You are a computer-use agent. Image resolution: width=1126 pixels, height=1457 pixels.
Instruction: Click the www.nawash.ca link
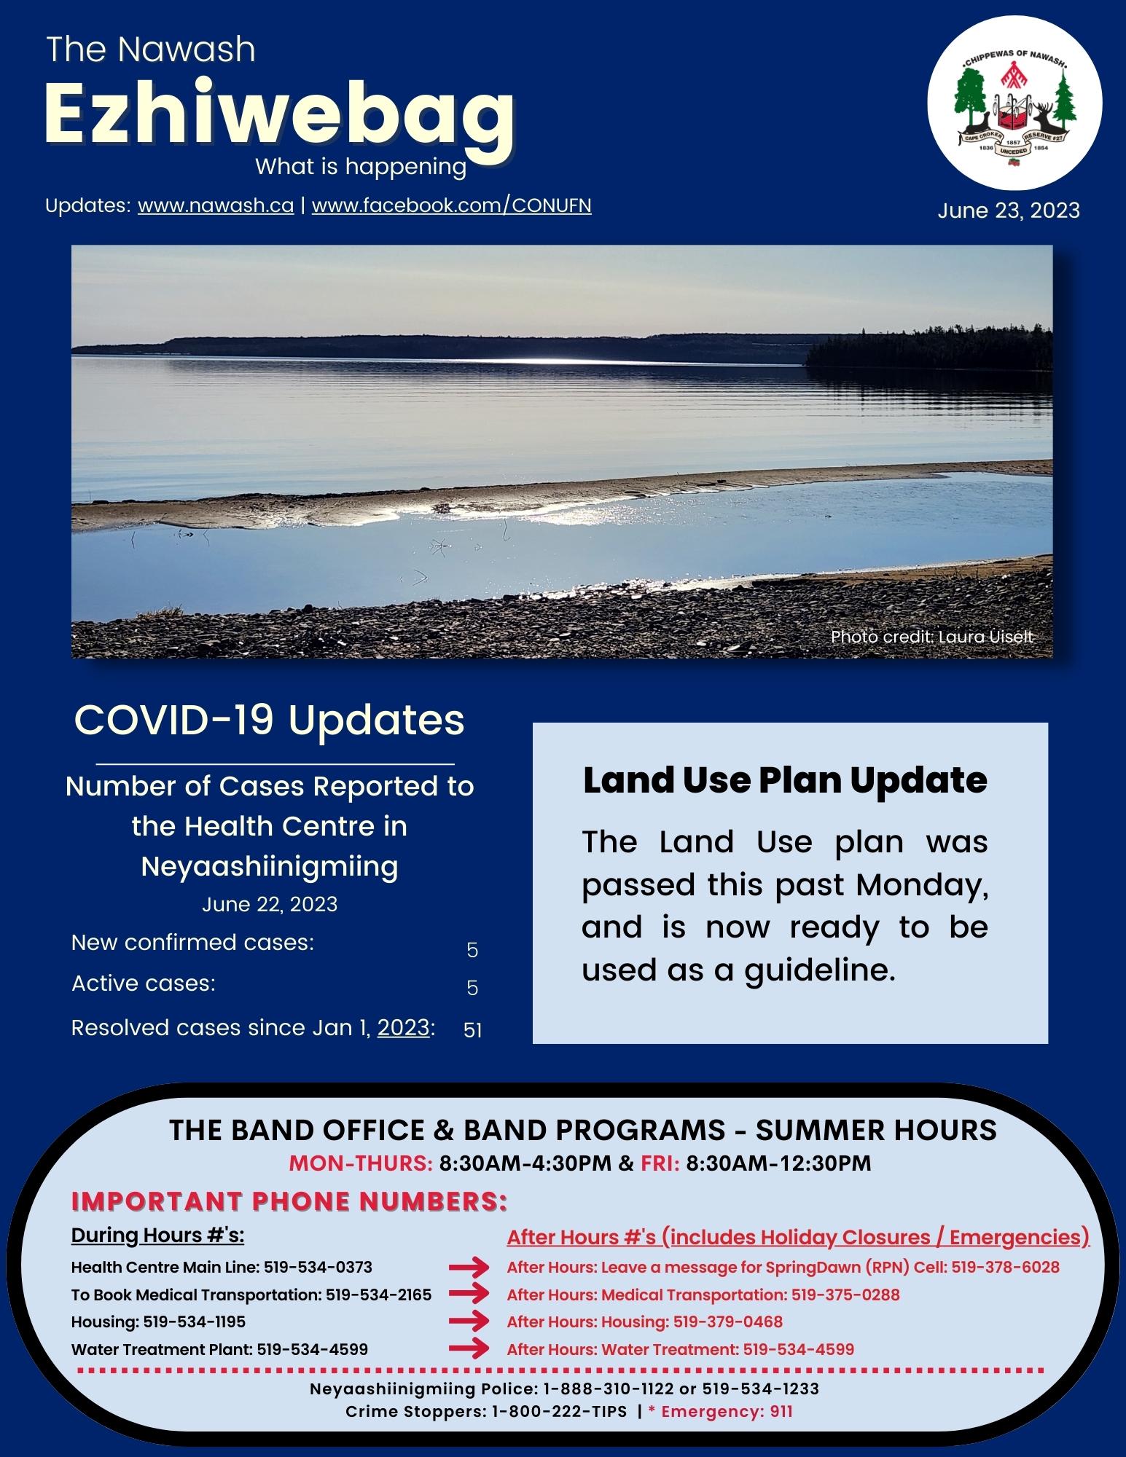216,206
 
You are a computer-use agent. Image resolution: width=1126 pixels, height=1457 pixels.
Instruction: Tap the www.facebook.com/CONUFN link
451,206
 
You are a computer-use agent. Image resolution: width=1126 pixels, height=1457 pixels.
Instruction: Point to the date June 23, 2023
1008,211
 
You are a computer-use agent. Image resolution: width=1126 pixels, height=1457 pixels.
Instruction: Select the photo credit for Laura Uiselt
931,637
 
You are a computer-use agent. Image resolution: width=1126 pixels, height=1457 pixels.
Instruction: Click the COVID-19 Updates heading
270,720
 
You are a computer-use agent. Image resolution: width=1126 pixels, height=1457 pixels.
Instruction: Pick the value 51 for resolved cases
472,1031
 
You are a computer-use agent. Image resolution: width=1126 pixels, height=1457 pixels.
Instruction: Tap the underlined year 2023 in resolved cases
403,1028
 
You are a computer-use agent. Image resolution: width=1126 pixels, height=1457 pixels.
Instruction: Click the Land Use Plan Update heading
785,780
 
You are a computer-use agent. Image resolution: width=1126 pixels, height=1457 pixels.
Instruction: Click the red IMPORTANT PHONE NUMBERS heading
289,1201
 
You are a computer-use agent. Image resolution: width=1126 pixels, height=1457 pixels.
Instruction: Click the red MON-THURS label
361,1163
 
